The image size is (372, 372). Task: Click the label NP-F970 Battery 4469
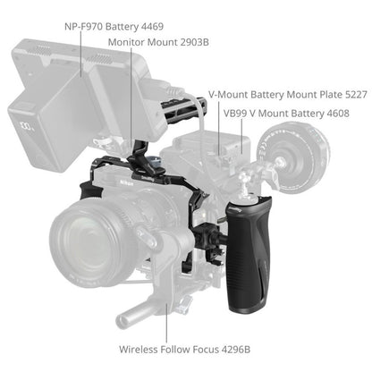[x=114, y=26]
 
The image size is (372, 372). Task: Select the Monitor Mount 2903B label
[x=158, y=42]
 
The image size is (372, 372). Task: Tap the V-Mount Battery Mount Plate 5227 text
[x=288, y=95]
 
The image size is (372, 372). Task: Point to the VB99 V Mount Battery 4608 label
[x=286, y=114]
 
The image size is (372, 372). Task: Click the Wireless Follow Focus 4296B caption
[x=184, y=349]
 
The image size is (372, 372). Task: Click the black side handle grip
[x=249, y=254]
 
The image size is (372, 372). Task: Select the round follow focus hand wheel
[x=293, y=157]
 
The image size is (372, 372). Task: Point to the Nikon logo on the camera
[x=126, y=182]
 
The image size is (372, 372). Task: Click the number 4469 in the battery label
[x=152, y=26]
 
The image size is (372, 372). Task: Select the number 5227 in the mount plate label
[x=356, y=95]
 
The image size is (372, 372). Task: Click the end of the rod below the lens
[x=122, y=321]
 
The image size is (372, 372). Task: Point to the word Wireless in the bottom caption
[x=139, y=349]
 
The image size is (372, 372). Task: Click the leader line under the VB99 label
[x=241, y=136]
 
